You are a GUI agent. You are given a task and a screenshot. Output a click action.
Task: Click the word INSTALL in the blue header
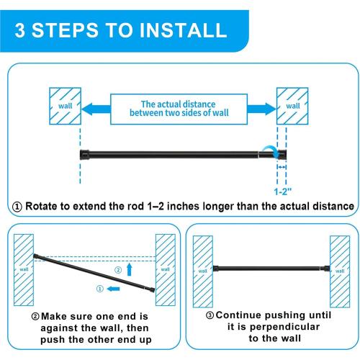pyautogui.click(x=183, y=30)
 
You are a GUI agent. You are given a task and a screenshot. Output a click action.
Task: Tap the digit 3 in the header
pyautogui.click(x=19, y=30)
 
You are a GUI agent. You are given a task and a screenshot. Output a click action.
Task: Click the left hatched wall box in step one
pyautogui.click(x=65, y=106)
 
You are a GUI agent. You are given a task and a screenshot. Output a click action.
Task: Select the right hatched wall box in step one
pyautogui.click(x=292, y=106)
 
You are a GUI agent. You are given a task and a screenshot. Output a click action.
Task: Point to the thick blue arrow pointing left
pyautogui.click(x=96, y=109)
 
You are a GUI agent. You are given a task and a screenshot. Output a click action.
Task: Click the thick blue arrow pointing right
pyautogui.click(x=262, y=109)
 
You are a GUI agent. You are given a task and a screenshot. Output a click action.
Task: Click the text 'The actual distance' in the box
pyautogui.click(x=178, y=104)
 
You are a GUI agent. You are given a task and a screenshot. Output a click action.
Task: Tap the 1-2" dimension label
pyautogui.click(x=283, y=192)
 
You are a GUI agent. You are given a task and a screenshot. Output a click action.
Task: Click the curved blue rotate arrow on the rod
pyautogui.click(x=270, y=151)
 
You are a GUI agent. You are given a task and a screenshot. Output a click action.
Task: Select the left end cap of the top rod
pyautogui.click(x=84, y=155)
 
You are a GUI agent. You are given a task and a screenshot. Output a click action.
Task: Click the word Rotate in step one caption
pyautogui.click(x=41, y=206)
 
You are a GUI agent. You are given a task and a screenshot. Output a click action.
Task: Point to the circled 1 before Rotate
pyautogui.click(x=17, y=207)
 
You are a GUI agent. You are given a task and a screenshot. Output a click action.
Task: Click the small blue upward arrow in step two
pyautogui.click(x=130, y=269)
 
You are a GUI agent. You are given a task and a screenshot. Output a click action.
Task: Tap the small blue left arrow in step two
pyautogui.click(x=113, y=289)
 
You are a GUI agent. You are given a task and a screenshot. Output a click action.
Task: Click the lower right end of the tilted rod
pyautogui.click(x=153, y=289)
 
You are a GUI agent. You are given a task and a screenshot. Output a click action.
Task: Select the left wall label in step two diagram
pyautogui.click(x=24, y=269)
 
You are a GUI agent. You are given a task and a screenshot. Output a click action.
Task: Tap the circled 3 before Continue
pyautogui.click(x=210, y=315)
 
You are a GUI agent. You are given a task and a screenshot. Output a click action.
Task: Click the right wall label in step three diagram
pyautogui.click(x=340, y=271)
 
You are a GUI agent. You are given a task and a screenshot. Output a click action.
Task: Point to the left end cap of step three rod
pyautogui.click(x=215, y=269)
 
